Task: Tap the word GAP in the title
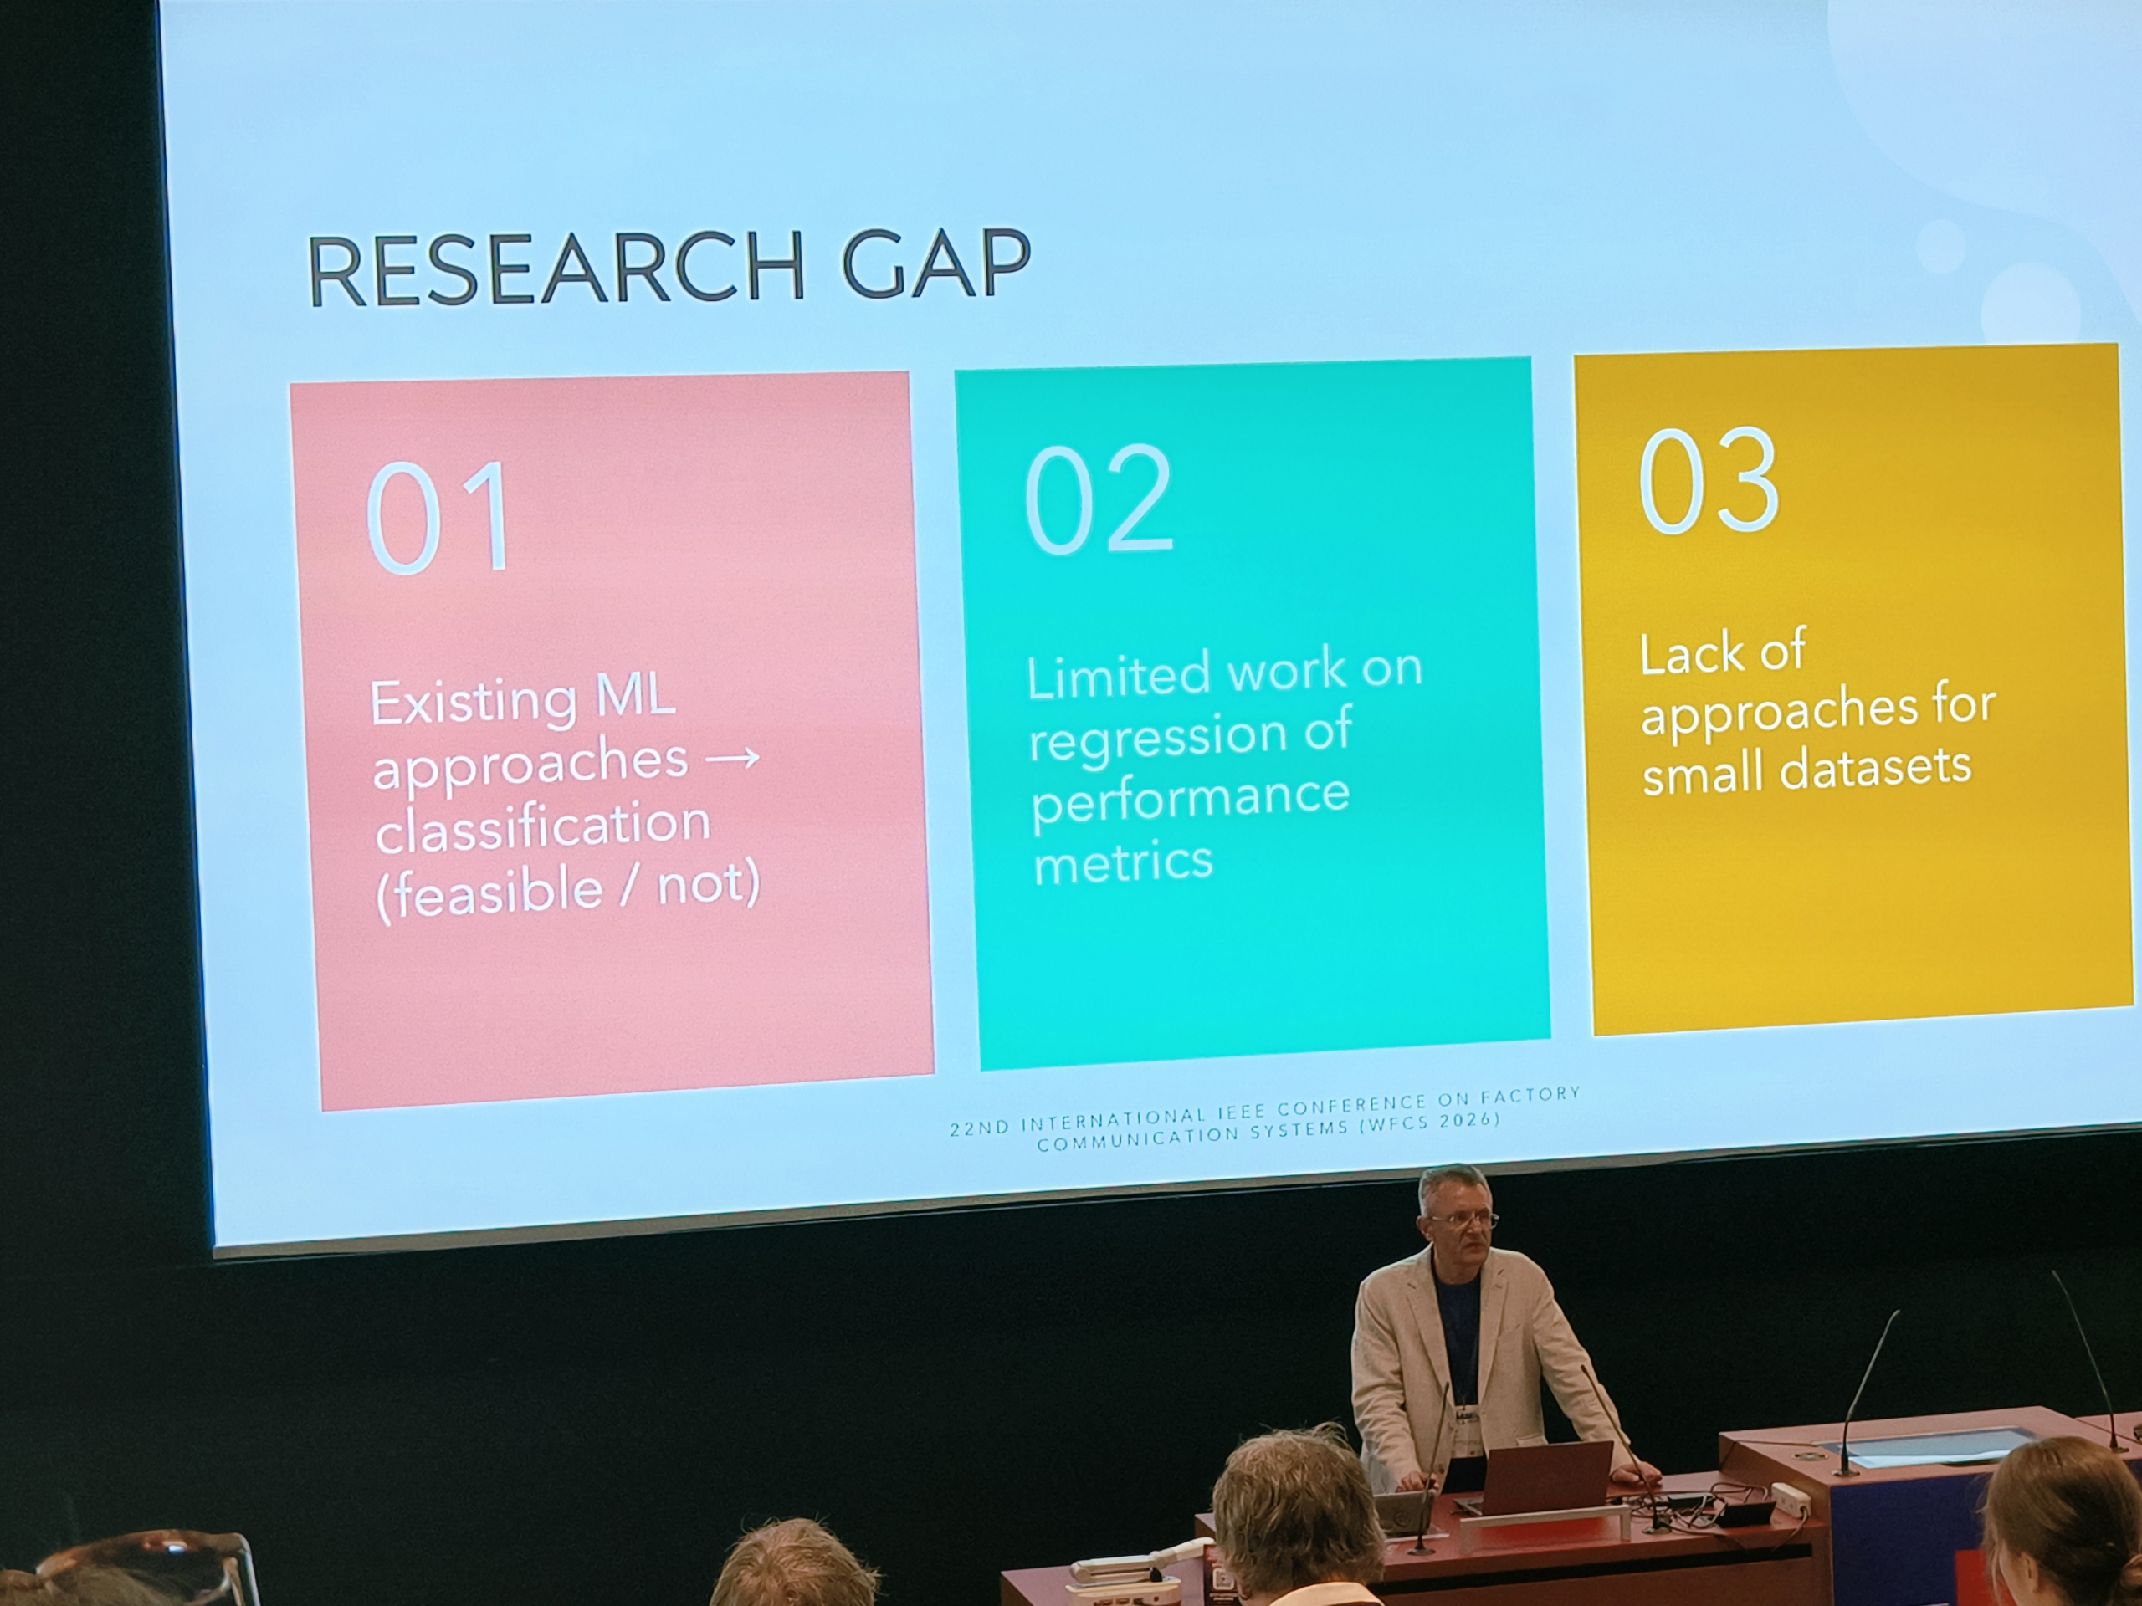pyautogui.click(x=935, y=263)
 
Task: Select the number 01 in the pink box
pyautogui.click(x=438, y=517)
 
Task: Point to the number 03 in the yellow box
pyautogui.click(x=1709, y=480)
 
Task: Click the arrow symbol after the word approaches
pyautogui.click(x=733, y=756)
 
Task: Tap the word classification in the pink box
pyautogui.click(x=542, y=826)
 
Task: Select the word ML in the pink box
pyautogui.click(x=634, y=695)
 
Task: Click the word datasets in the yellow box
pyautogui.click(x=1875, y=768)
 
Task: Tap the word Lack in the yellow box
pyautogui.click(x=1693, y=653)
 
